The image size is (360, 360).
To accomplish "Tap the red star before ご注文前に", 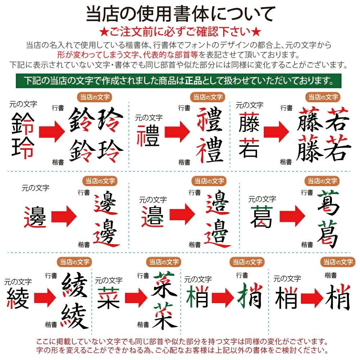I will pos(103,31).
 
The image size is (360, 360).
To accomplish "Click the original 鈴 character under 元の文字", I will pos(23,123).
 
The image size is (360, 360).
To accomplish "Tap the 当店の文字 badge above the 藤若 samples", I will pos(323,97).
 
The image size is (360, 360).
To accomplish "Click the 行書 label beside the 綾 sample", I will pos(51,276).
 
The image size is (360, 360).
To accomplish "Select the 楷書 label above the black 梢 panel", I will pos(330,276).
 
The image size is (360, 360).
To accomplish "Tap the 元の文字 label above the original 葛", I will pos(262,199).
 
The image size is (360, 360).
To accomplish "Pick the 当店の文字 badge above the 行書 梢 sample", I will pos(247,262).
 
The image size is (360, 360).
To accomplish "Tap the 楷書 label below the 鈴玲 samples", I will pos(58,162).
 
